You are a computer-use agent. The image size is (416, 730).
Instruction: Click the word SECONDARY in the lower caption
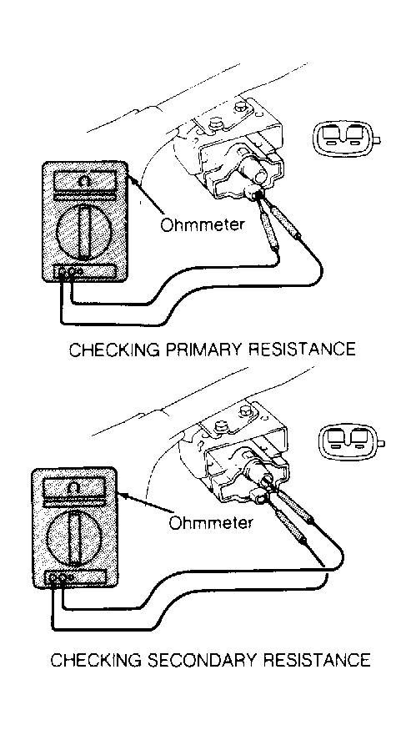186,660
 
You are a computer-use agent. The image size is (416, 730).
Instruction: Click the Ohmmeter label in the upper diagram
202,225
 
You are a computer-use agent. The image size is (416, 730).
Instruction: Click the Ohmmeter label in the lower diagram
211,522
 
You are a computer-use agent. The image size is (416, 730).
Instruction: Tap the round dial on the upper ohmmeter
83,231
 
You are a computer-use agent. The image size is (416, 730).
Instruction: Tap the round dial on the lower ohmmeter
73,535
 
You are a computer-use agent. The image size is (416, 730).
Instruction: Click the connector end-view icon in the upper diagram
346,138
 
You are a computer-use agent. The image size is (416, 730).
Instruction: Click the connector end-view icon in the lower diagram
351,441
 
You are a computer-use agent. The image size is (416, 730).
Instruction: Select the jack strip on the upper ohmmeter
84,271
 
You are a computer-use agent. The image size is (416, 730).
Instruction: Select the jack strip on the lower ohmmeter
74,577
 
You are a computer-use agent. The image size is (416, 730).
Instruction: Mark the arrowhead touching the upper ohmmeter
131,179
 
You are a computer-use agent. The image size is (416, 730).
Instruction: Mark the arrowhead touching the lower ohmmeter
122,495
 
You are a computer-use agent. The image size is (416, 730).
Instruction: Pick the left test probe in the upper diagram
269,229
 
